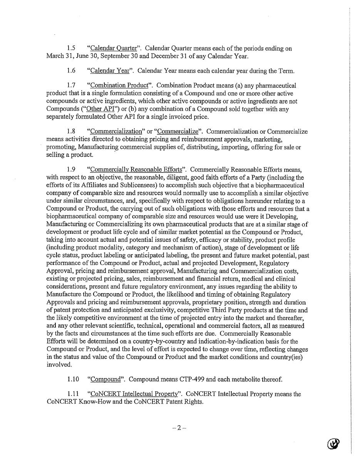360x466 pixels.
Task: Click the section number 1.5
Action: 71,49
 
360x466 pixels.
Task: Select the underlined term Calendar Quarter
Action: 114,49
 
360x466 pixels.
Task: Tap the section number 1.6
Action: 71,71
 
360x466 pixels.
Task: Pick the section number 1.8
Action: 71,132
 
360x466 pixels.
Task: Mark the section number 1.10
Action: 73,379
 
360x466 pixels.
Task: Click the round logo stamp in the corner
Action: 333,444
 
